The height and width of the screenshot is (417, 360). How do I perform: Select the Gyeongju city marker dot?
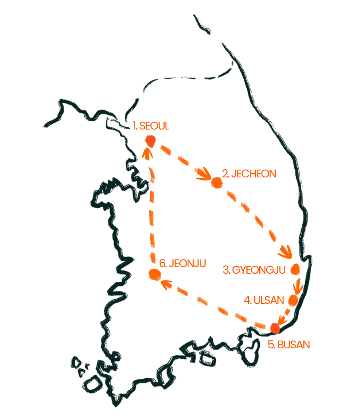(x=296, y=269)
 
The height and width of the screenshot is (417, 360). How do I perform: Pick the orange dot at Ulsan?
(x=293, y=300)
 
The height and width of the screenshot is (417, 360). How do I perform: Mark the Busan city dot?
(x=274, y=328)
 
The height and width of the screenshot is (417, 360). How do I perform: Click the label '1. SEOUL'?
(x=151, y=126)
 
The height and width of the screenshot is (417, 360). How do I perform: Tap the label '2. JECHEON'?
(x=248, y=174)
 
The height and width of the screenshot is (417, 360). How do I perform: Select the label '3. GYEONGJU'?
(x=255, y=270)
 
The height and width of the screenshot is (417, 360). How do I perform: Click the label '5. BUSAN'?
(x=289, y=344)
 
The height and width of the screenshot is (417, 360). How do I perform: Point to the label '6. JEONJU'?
(x=182, y=263)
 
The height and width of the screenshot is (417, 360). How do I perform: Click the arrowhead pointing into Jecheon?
(x=203, y=174)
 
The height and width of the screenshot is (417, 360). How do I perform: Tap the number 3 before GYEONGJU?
(x=226, y=270)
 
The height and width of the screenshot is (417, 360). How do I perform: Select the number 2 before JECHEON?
(x=225, y=174)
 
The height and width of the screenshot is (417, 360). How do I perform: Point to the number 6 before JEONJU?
(x=162, y=263)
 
